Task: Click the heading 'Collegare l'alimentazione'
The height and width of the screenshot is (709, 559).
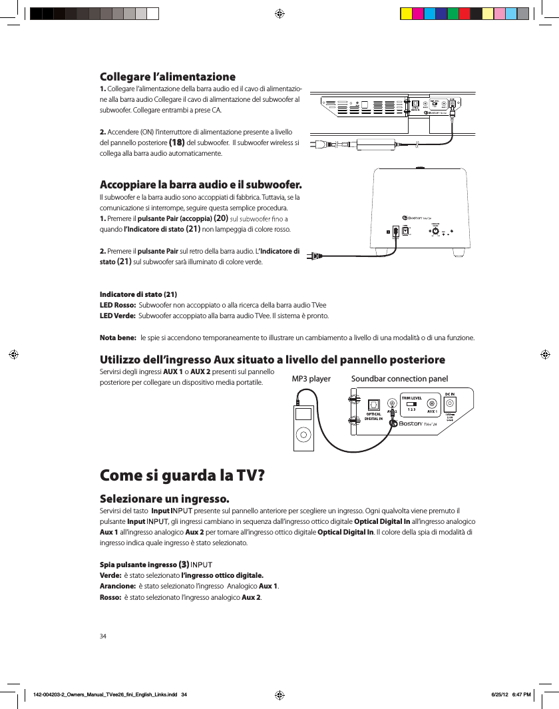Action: pos(167,77)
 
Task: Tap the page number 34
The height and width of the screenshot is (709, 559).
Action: pos(103,636)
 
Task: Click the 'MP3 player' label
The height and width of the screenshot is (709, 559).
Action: pos(311,379)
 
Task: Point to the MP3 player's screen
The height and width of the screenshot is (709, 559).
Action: pos(303,413)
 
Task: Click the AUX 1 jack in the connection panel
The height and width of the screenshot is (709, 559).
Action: pos(432,404)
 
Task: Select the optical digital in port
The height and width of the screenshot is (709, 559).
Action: pos(373,404)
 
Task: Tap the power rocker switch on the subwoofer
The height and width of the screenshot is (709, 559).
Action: pos(397,231)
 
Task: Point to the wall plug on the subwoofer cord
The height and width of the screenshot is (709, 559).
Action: pos(311,256)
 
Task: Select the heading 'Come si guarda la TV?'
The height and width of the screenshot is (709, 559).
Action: pos(182,476)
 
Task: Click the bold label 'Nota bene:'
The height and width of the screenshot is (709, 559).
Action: pos(118,338)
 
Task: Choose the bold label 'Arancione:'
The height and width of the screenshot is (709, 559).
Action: pos(117,586)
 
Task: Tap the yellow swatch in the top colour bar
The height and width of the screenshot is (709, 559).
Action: pos(406,13)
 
